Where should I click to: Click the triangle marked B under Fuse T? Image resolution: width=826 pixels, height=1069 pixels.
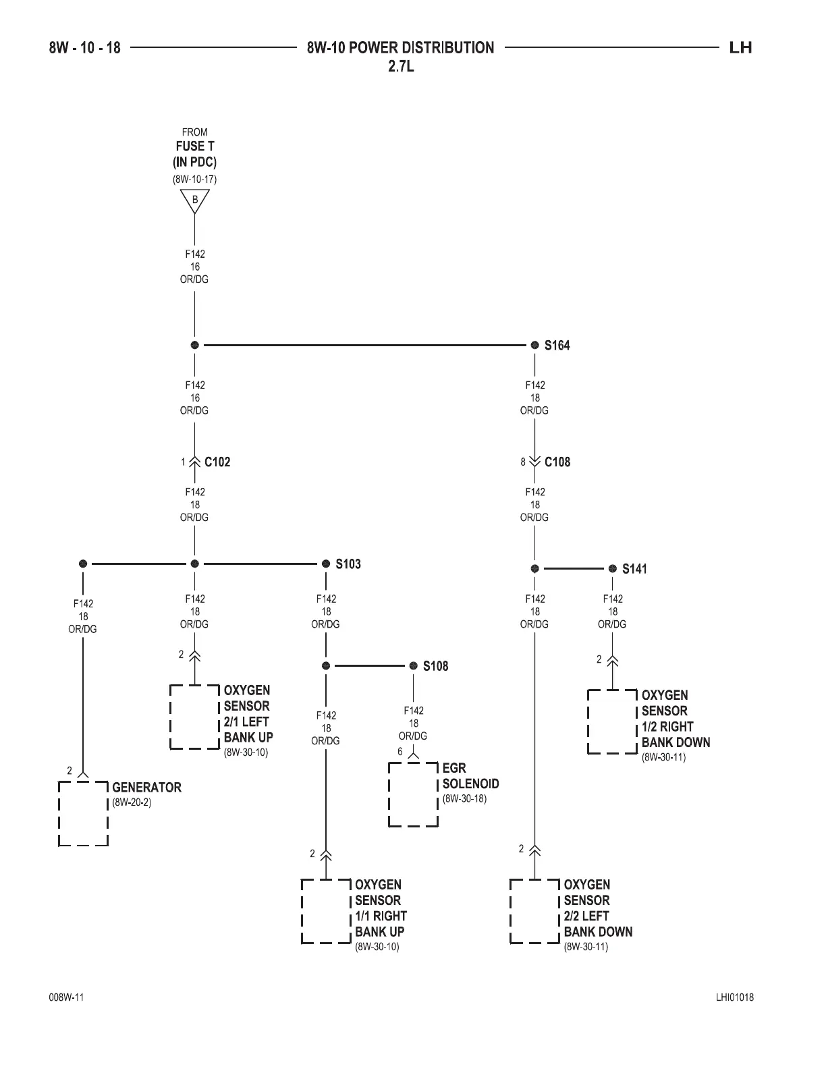coord(195,200)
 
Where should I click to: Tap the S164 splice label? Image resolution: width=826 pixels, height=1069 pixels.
coord(557,346)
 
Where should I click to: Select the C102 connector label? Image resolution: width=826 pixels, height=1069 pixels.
coord(217,462)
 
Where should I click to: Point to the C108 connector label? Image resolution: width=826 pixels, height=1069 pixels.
coord(557,462)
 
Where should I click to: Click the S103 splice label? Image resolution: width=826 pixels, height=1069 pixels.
coord(348,564)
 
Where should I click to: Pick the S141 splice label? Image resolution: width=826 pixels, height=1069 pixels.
coord(634,569)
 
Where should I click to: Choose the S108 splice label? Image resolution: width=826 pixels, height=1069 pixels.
coord(435,666)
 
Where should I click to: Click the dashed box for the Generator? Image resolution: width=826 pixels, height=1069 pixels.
coord(84,813)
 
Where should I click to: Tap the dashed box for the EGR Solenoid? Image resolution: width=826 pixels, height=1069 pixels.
coord(413,794)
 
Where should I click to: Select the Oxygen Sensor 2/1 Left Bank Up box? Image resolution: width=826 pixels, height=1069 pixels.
coord(195,717)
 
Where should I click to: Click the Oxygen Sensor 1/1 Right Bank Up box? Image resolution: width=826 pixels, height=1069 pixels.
coord(326,911)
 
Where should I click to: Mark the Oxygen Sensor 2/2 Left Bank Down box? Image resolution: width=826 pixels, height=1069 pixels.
coord(534,911)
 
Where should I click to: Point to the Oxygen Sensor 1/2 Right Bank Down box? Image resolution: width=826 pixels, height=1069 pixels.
coord(612,721)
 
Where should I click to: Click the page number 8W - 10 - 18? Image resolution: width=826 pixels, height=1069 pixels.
coord(84,48)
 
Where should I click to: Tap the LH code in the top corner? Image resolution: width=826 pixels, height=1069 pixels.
coord(740,48)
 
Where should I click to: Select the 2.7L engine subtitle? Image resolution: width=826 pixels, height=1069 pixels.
coord(401,67)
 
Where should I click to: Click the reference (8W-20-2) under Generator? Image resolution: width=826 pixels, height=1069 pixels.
coord(127,803)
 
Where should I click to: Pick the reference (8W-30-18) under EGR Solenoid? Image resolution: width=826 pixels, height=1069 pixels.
coord(464,799)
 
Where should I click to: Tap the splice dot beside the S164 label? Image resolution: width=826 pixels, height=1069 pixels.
coord(534,345)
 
